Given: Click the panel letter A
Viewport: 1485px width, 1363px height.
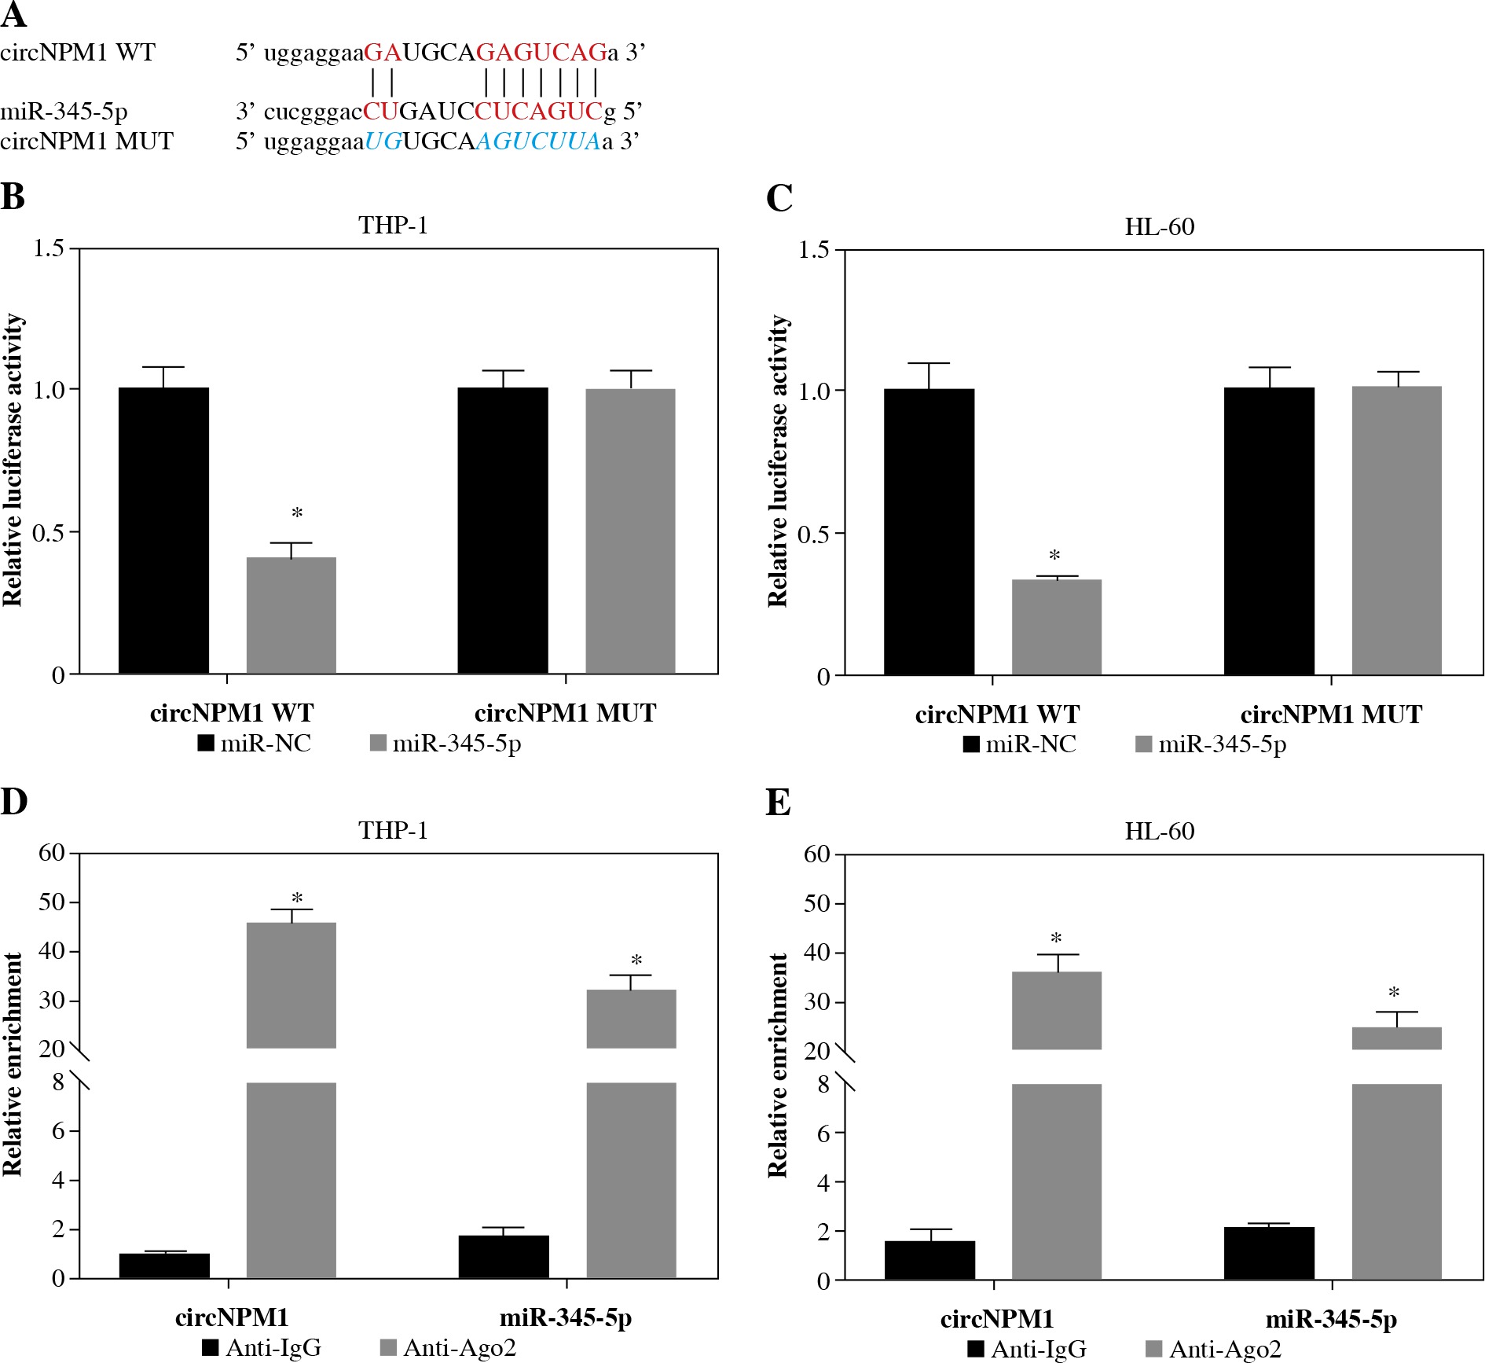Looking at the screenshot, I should click(14, 15).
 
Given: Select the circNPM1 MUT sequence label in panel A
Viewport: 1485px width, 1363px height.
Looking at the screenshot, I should click(86, 141).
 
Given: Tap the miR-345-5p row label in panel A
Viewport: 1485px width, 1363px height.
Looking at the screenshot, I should click(64, 112).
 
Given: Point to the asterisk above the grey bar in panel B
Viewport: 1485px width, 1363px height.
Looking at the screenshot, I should click(297, 514).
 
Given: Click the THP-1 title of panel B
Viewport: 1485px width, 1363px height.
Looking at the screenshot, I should click(393, 226).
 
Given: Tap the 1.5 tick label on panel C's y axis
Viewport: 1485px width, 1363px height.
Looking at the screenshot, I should click(813, 250).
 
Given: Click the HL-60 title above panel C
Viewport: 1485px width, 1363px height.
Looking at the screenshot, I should click(1159, 227).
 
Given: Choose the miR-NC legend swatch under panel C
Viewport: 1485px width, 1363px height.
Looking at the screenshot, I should click(971, 744).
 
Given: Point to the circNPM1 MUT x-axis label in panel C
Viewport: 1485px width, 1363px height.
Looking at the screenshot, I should click(1331, 715).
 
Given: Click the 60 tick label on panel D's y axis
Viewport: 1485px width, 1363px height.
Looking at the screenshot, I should click(52, 853).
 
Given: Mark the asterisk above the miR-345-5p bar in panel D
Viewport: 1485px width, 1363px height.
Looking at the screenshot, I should click(636, 961).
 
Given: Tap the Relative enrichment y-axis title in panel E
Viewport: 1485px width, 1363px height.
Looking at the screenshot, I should click(777, 1065).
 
